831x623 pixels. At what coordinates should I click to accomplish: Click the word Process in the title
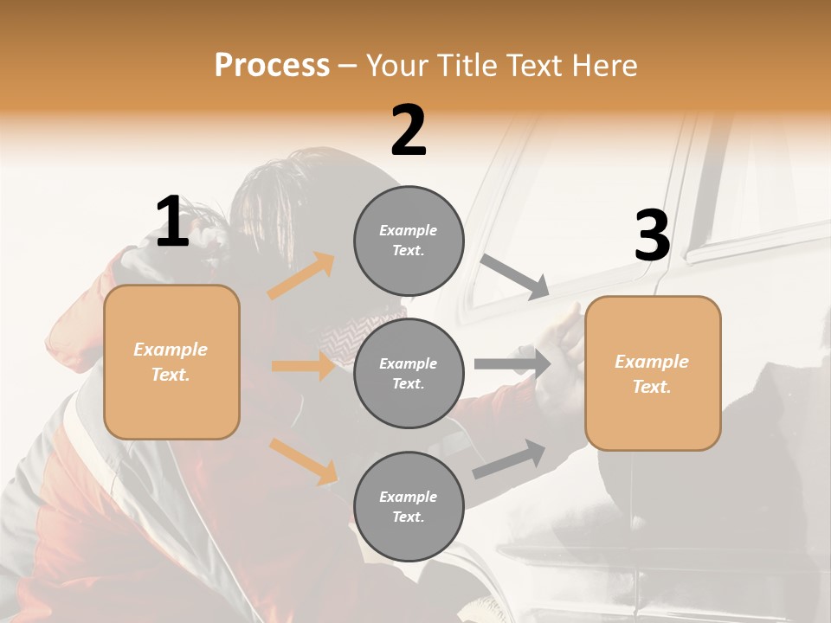pos(272,65)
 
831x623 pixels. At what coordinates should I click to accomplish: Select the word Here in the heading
pos(603,65)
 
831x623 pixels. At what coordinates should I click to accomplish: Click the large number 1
pos(172,222)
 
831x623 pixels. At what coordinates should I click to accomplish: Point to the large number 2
pos(409,131)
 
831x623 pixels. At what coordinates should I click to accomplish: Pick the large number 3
pos(652,236)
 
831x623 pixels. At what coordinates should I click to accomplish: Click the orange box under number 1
pos(171,362)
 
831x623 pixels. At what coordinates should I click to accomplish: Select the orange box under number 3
pos(653,374)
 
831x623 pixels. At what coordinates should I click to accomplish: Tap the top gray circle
pos(409,241)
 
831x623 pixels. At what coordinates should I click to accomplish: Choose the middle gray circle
pos(409,374)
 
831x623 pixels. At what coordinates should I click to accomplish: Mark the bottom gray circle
pos(409,507)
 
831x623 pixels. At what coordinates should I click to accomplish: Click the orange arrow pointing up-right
pos(301,275)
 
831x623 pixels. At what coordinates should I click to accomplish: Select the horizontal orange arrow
pos(303,366)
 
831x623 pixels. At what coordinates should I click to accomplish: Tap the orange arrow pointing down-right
pos(303,461)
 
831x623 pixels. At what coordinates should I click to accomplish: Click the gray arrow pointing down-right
pos(515,276)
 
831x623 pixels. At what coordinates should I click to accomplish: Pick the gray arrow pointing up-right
pos(509,459)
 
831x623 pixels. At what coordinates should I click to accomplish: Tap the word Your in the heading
pos(397,65)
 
